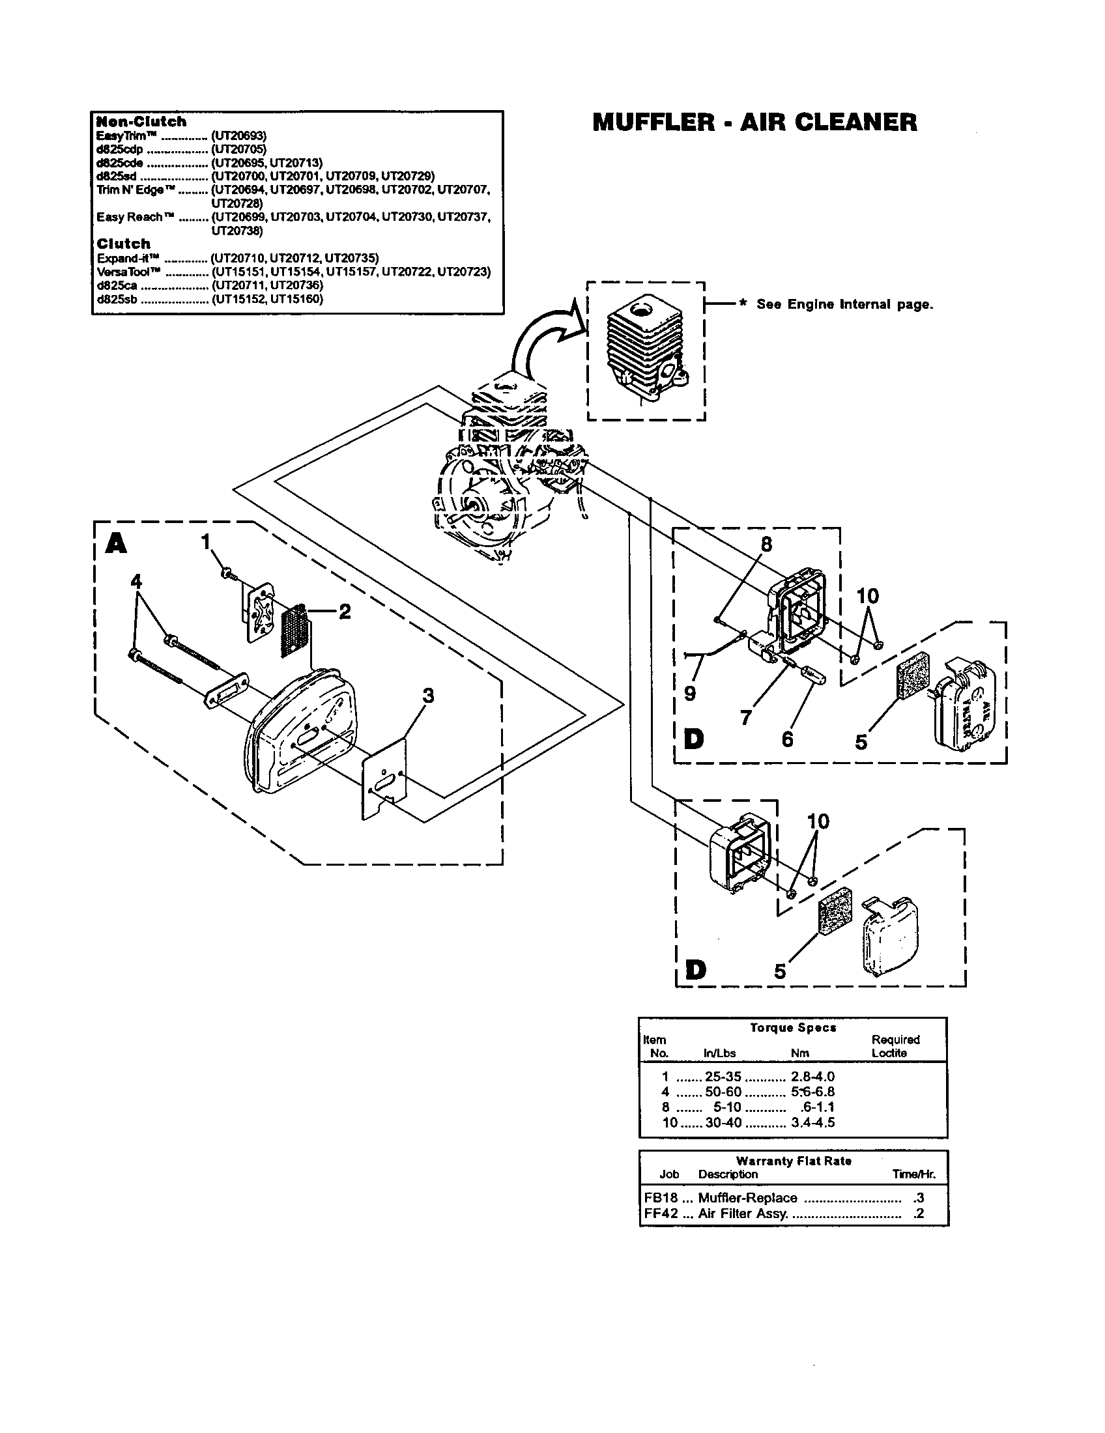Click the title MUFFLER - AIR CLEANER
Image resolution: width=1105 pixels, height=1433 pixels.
754,122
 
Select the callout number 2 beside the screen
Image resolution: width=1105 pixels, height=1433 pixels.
345,612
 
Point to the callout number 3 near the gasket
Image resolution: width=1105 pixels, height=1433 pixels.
428,696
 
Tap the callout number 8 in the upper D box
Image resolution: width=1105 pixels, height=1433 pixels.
766,544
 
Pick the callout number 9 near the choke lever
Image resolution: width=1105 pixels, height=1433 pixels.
689,694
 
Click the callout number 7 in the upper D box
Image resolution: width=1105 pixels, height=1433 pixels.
745,718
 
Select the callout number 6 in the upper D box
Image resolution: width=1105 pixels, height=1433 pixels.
788,739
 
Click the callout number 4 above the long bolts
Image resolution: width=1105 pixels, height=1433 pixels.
136,581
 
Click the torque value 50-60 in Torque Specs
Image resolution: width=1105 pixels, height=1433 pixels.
723,1092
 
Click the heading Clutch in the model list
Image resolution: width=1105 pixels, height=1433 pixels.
123,244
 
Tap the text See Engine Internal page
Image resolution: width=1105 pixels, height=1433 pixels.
844,304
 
